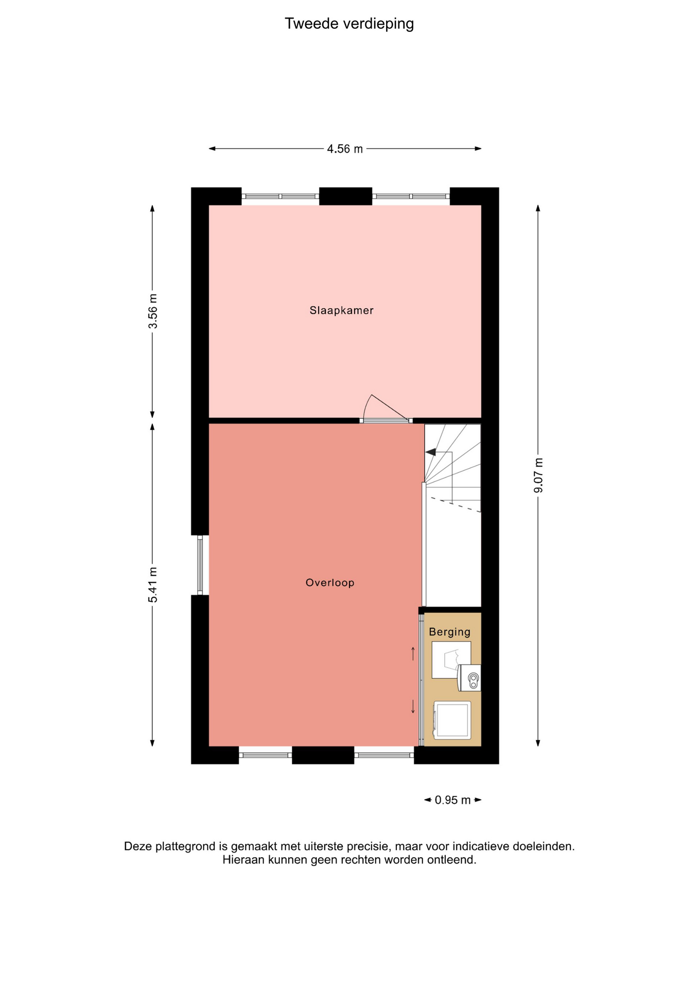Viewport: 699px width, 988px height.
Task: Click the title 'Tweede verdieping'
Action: pos(349,24)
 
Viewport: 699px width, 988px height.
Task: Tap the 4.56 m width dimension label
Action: pos(345,149)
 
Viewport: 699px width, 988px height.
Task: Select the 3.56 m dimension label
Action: pos(153,311)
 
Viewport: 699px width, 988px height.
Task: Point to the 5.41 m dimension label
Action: pos(153,585)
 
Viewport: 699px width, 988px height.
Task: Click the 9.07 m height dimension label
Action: pos(538,475)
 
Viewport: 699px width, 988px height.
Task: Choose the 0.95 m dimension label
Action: pos(452,800)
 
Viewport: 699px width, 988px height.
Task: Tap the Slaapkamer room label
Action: pos(341,310)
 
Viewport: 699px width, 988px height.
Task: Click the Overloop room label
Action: pos(330,583)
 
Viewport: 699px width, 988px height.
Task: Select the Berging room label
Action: pos(450,631)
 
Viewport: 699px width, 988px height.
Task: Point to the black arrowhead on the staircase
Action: pos(431,452)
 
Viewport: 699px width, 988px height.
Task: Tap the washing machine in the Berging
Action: pos(452,720)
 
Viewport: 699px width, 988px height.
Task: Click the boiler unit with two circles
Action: pos(469,678)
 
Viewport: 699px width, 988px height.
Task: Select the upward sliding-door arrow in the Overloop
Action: pos(413,654)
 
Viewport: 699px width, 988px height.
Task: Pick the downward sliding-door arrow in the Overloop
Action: pos(413,707)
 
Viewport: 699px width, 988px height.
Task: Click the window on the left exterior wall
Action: pos(200,565)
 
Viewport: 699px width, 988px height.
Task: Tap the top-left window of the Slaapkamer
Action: pos(281,196)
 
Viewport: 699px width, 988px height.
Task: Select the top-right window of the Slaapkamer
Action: pos(411,196)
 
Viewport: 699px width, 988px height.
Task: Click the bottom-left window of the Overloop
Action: pos(266,755)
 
